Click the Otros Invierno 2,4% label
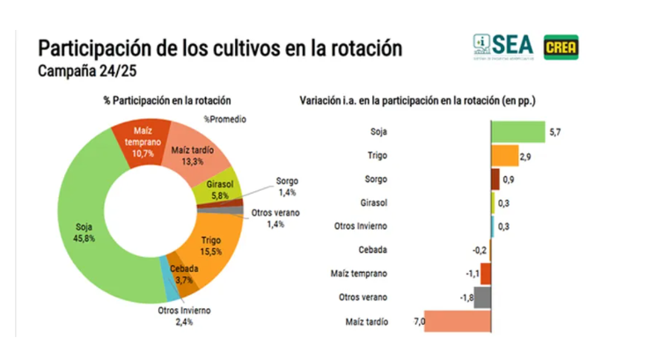pos(184,315)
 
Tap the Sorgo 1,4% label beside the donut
pos(288,186)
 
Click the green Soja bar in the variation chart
pos(518,132)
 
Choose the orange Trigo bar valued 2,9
pos(504,156)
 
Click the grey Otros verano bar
pos(482,298)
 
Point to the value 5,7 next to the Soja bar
pos(554,132)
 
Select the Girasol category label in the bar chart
pos(372,202)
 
